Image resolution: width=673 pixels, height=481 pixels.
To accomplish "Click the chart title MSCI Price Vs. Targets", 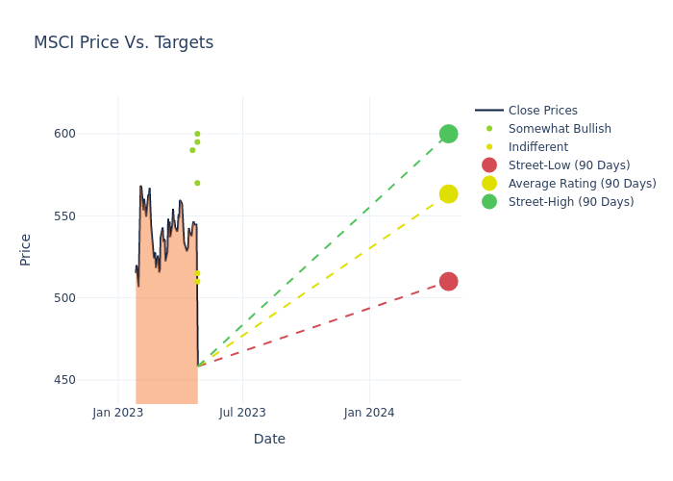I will click(123, 42).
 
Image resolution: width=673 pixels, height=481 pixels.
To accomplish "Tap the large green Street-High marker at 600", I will click(448, 134).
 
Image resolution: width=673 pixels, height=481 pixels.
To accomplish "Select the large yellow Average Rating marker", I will click(448, 194).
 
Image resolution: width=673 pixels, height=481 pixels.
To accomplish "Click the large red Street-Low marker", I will click(448, 281).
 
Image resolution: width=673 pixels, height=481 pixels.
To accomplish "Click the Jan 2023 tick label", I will click(118, 413).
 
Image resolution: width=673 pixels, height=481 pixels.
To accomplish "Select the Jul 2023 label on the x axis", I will click(242, 413).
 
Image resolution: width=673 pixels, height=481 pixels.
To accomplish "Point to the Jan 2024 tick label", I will click(369, 413).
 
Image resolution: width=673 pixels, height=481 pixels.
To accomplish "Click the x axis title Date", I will click(269, 439).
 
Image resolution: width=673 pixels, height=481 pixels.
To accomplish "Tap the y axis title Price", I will click(26, 249).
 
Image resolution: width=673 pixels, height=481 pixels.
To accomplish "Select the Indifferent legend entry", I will click(537, 147).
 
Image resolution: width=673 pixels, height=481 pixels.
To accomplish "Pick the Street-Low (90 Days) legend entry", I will click(568, 165).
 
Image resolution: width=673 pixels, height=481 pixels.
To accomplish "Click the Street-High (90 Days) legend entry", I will click(570, 202).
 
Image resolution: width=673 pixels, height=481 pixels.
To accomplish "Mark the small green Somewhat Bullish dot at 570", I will click(197, 183).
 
